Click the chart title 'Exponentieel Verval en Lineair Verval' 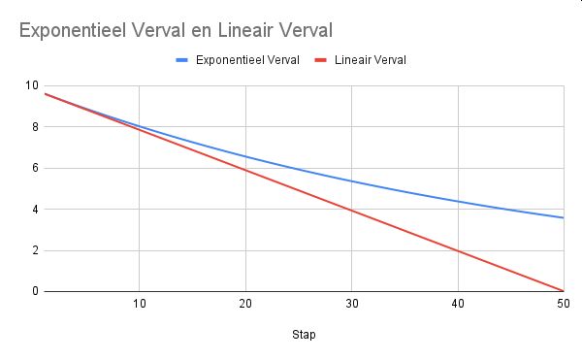[x=176, y=30]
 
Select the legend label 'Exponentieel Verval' [x=247, y=60]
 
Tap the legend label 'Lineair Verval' [x=371, y=60]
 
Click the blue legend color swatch [x=182, y=60]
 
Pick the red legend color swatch [x=320, y=60]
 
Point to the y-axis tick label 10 [x=32, y=85]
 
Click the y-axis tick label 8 [x=35, y=127]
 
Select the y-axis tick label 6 [x=35, y=168]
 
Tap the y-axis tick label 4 [x=35, y=210]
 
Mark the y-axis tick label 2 [x=35, y=250]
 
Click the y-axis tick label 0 [x=35, y=291]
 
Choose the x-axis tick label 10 [x=139, y=304]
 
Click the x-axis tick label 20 [x=245, y=304]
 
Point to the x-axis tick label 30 [x=352, y=304]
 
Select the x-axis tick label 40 [x=458, y=304]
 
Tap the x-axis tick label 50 [x=564, y=304]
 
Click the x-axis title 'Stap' [x=304, y=335]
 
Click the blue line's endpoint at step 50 [x=564, y=218]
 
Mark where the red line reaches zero [x=564, y=291]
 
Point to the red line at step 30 [x=352, y=211]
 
